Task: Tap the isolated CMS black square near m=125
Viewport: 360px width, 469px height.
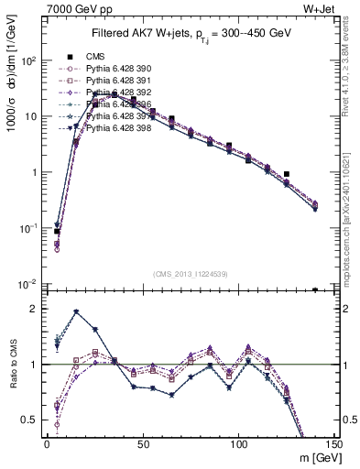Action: (x=287, y=173)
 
